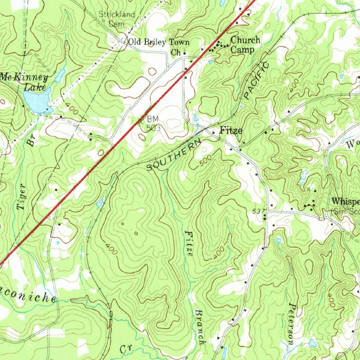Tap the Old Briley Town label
(158, 42)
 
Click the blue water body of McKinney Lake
(37, 100)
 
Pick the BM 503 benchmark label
(153, 124)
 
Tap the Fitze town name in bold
(231, 131)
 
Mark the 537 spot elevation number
(258, 211)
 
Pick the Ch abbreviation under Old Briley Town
(175, 53)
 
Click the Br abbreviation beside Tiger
(31, 141)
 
